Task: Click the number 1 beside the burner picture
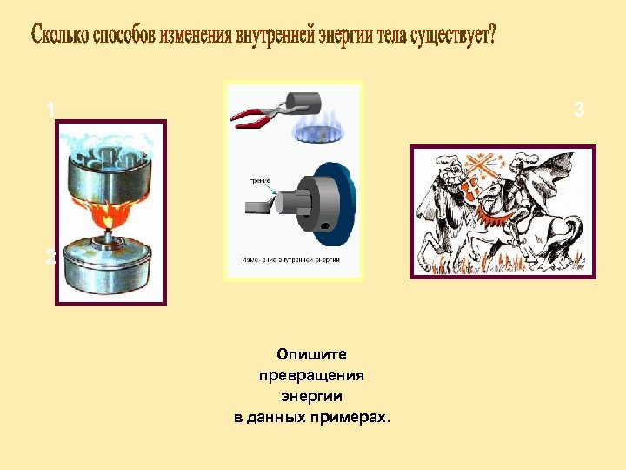click(51, 110)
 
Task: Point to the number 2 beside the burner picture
click(50, 258)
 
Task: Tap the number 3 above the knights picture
click(579, 110)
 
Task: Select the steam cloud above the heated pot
click(109, 144)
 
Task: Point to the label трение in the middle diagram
click(260, 181)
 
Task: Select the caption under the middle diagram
click(290, 259)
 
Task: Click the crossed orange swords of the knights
click(483, 170)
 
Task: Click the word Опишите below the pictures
click(311, 354)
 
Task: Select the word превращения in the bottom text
click(311, 375)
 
